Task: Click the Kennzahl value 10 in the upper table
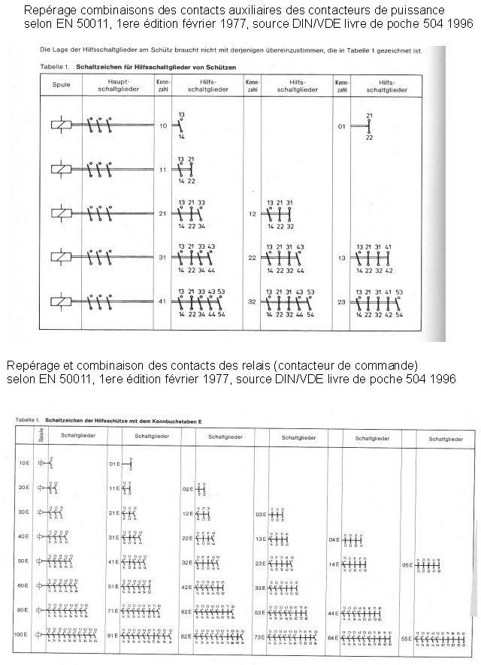click(x=163, y=125)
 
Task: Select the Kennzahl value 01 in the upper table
click(x=341, y=126)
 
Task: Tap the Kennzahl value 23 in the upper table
click(x=340, y=301)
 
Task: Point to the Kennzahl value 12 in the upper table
click(x=252, y=213)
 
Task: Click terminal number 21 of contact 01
click(x=369, y=115)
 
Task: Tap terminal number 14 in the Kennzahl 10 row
click(x=181, y=138)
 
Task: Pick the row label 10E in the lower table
click(x=23, y=464)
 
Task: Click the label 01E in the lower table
click(x=115, y=464)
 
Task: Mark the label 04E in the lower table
click(x=335, y=540)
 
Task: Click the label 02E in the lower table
click(x=188, y=488)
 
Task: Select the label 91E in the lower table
click(x=115, y=636)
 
